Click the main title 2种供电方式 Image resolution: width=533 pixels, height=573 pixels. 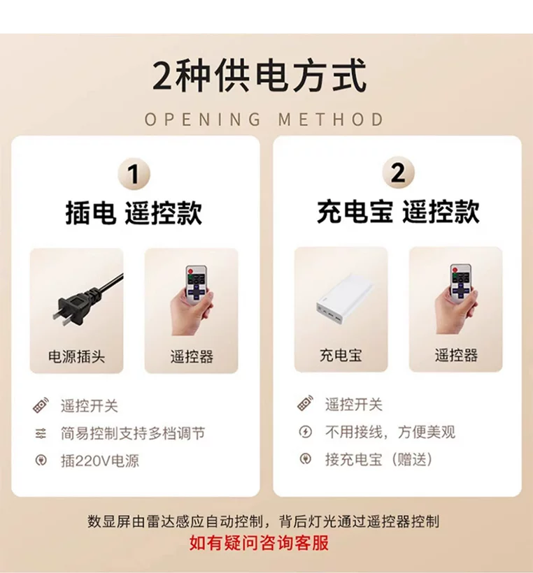[x=260, y=75]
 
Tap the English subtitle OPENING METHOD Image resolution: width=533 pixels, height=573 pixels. [x=264, y=119]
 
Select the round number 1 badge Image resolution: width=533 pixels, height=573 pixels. [x=134, y=174]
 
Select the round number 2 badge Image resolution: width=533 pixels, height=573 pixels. [x=399, y=173]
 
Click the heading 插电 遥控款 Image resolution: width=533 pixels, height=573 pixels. [x=134, y=212]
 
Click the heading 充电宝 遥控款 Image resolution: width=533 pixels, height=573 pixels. [x=399, y=211]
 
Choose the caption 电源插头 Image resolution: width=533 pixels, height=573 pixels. [x=76, y=356]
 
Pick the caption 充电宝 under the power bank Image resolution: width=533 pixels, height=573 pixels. [x=341, y=355]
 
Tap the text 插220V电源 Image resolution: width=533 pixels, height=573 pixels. [x=100, y=460]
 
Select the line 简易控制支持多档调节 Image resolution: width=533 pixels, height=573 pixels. [x=133, y=433]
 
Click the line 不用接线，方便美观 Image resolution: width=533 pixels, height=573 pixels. [x=390, y=432]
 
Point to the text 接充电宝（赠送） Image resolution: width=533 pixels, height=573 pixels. [x=379, y=459]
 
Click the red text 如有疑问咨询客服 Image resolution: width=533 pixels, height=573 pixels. [x=260, y=543]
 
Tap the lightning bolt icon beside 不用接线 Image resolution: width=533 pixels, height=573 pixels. [x=306, y=432]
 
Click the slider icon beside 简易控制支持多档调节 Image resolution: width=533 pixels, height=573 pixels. [x=41, y=433]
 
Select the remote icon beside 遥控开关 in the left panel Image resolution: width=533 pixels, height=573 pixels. [x=41, y=405]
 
